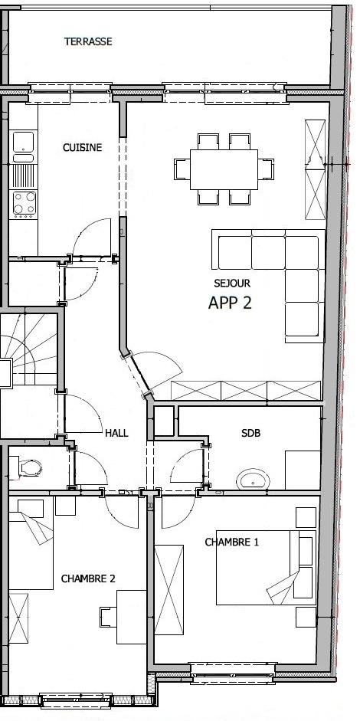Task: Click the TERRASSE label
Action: tap(88, 41)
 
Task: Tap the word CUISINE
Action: tap(82, 148)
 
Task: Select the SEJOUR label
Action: tap(232, 283)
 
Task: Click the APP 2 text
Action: tap(230, 303)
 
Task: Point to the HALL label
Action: tap(116, 433)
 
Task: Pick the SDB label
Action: tap(250, 433)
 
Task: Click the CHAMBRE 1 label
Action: tap(232, 542)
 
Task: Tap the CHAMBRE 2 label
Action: tap(88, 578)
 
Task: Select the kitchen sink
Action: tap(24, 147)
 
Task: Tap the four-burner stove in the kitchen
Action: tap(25, 204)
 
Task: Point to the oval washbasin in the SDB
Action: tap(253, 480)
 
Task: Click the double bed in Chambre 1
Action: tap(267, 568)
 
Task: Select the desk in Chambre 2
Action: tap(131, 617)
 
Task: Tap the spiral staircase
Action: tap(28, 349)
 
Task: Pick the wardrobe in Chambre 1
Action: tap(169, 590)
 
